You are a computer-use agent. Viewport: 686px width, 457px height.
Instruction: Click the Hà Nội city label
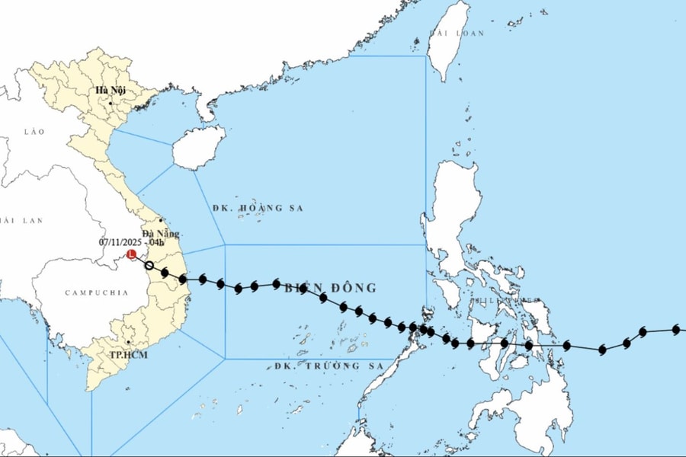(x=111, y=91)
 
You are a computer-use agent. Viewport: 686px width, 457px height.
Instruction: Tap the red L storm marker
(x=131, y=254)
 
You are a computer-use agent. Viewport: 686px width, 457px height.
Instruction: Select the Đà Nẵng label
(x=161, y=234)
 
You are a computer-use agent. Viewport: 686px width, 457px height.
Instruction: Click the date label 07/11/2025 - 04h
(x=131, y=242)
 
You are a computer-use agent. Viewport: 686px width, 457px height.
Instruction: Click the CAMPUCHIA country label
(x=90, y=292)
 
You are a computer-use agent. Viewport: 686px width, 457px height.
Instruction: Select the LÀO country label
(x=34, y=132)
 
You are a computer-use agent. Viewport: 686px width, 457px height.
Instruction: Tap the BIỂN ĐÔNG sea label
(x=330, y=288)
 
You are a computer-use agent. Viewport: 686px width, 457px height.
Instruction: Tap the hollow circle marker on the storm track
(x=149, y=266)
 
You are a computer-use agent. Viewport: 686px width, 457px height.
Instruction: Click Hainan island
(x=198, y=147)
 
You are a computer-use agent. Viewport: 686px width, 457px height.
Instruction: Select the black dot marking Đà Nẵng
(x=161, y=221)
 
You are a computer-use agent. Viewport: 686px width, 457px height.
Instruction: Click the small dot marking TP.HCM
(x=128, y=344)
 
